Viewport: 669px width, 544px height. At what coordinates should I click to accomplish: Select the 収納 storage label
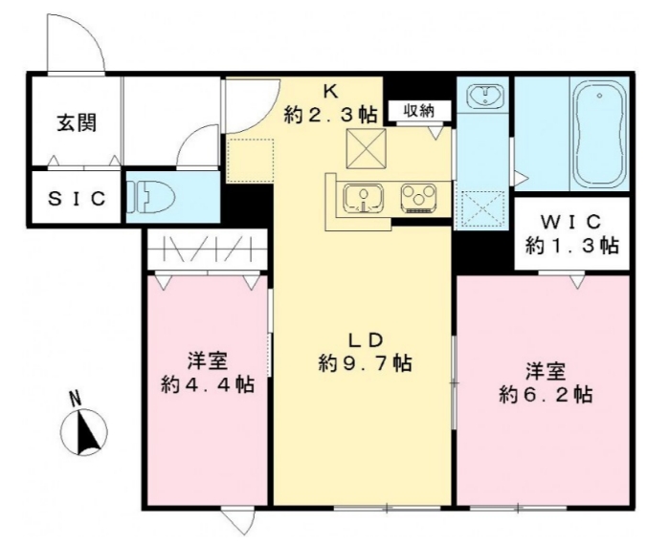tap(418, 111)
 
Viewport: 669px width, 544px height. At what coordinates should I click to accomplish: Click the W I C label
tap(571, 223)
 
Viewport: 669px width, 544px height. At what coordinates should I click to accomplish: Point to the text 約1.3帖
tap(571, 246)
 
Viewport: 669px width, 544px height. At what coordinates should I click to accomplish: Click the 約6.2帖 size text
tap(543, 393)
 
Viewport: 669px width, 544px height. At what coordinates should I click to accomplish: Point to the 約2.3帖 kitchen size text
tap(330, 115)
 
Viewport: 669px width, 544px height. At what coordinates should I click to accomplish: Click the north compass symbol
tap(84, 431)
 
